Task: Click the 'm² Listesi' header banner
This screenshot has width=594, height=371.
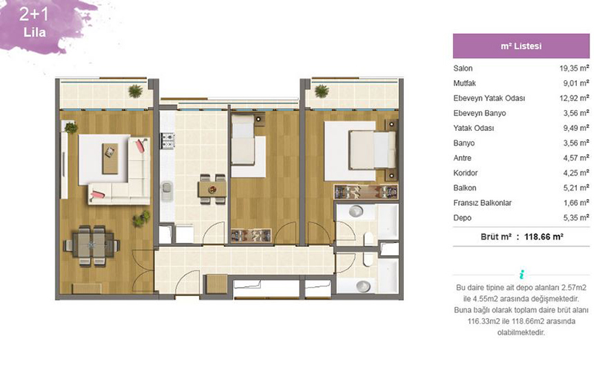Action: [x=521, y=46]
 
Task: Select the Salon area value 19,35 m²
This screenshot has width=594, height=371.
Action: [x=574, y=68]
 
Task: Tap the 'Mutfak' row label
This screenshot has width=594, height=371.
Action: [x=465, y=83]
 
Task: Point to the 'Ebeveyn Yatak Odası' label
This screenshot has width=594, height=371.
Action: [x=489, y=98]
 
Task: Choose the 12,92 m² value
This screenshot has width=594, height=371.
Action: [x=574, y=98]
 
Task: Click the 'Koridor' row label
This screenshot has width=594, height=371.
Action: [x=466, y=173]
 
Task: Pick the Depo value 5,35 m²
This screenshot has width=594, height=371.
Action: [x=576, y=218]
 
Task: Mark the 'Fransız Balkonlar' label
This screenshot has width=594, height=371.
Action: [x=482, y=203]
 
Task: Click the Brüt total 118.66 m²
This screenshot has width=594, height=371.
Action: [x=544, y=236]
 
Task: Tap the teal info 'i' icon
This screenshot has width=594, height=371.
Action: [x=522, y=274]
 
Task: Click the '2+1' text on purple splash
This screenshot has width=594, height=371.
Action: [x=34, y=14]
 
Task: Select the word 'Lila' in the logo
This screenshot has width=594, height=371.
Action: [x=34, y=32]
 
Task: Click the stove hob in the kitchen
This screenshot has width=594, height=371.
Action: [x=168, y=141]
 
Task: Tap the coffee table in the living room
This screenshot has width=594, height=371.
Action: [x=110, y=158]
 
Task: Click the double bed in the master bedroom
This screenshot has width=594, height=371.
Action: [x=373, y=150]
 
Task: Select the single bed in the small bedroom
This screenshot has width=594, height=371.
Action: [x=243, y=140]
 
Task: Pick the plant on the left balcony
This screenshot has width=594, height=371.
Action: [x=135, y=91]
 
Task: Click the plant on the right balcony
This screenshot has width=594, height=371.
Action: [x=322, y=91]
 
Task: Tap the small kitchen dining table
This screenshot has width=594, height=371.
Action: [x=212, y=189]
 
